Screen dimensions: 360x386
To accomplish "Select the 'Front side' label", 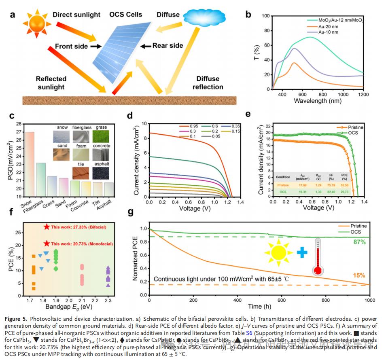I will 71,47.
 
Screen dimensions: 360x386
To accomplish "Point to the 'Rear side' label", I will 168,46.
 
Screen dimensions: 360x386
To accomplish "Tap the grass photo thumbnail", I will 101,136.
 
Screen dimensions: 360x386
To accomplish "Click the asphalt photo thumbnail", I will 101,174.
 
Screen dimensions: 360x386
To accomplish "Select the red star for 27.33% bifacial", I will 47,227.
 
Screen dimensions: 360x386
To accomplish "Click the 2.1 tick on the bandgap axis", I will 82,301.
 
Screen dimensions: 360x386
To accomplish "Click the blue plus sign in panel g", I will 301,252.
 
